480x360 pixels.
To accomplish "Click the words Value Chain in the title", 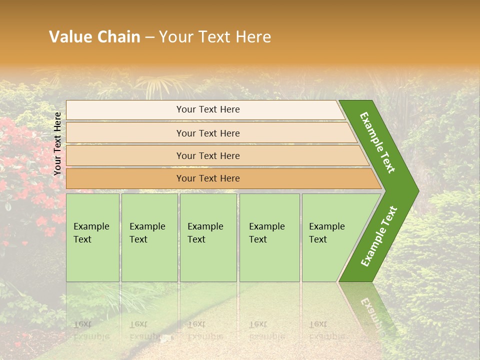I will click(94, 37).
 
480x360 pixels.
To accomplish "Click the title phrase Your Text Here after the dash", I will click(215, 37).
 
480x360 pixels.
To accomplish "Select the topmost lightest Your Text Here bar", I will click(208, 109).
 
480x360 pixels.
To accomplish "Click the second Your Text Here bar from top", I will click(208, 133).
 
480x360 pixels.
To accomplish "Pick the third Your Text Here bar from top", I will click(208, 155).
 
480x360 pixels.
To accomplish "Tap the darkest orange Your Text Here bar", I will click(208, 178).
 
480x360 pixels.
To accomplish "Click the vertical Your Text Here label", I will click(57, 143).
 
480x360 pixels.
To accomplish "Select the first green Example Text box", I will click(92, 237).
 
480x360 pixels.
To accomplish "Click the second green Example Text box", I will click(149, 237).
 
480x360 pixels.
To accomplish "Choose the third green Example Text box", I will click(208, 237).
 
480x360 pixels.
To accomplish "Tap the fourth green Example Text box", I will click(269, 237).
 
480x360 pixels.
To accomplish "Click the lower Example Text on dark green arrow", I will click(379, 236).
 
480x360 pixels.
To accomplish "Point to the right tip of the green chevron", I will click(417, 190).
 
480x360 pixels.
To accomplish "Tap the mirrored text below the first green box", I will click(91, 330).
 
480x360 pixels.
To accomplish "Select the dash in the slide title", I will click(149, 37).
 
